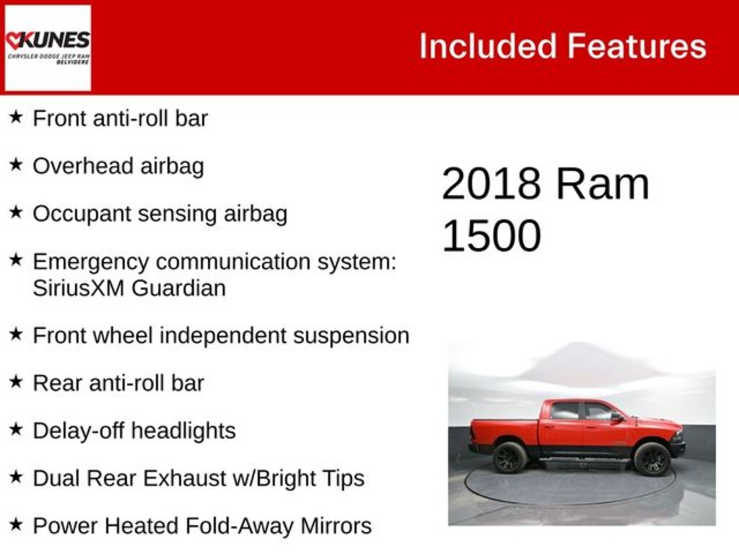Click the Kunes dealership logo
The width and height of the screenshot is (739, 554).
(x=48, y=48)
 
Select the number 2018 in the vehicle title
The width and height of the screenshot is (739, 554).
(x=491, y=184)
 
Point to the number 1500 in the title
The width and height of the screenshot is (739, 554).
(x=491, y=236)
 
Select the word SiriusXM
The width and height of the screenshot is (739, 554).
(x=79, y=288)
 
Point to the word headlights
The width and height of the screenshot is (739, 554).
(x=183, y=431)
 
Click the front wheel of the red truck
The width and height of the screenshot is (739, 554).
(x=652, y=458)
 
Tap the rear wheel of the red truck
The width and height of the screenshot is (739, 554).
(x=510, y=457)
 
